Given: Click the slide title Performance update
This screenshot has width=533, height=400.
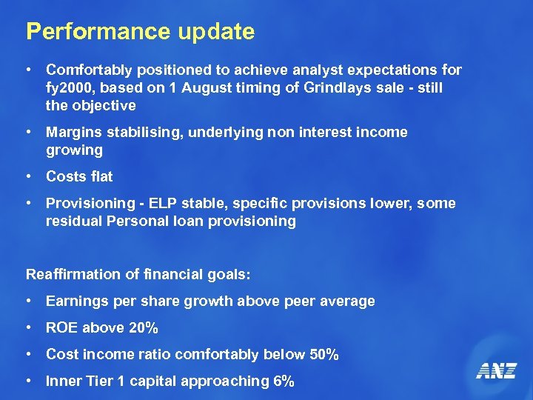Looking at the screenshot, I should click(140, 32).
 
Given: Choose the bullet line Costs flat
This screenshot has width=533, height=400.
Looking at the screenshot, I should click(79, 176).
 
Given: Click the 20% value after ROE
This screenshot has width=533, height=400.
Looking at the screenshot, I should click(143, 328).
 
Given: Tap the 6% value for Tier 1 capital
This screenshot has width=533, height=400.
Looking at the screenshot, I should click(284, 381).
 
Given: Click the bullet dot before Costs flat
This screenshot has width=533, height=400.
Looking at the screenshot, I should click(28, 176).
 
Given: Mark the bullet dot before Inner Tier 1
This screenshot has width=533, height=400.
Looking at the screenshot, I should click(28, 381).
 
